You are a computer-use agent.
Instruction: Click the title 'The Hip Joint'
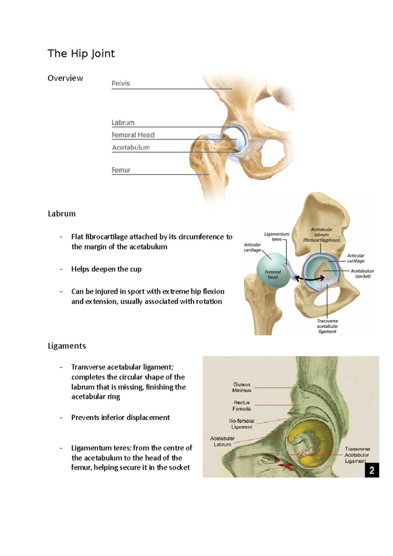pos(81,53)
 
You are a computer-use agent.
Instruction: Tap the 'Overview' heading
pos(65,78)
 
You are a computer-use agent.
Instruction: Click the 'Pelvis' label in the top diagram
pos(121,83)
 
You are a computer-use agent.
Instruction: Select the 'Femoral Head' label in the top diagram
pos(133,135)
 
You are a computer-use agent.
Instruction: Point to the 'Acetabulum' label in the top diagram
pos(131,148)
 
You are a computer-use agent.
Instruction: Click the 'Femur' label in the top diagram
pos(121,170)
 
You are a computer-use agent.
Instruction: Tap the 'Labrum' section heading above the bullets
pos(62,214)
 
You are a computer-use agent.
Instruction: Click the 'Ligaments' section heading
pos(67,346)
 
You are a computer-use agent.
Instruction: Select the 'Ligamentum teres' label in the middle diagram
pos(277,236)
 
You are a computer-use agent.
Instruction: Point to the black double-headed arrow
pos(309,279)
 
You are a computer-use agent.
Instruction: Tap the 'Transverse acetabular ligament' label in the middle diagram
pos(327,326)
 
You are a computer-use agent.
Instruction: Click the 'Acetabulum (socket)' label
pos(362,273)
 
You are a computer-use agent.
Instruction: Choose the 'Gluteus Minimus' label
pos(242,387)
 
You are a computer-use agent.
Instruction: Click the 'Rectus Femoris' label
pos(242,406)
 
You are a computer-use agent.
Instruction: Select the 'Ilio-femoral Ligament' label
pos(242,424)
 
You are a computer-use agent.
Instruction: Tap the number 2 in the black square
pos(372,470)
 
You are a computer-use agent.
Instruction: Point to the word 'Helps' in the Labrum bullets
pos(80,269)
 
